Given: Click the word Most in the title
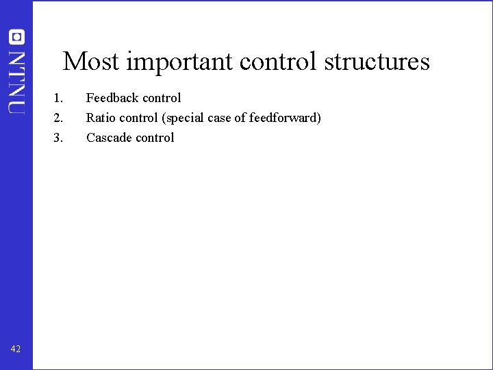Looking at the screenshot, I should pos(92,62).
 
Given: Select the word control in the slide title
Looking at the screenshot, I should pos(279,62).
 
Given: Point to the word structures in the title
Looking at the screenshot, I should pos(377,62).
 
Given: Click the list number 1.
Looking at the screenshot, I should pos(58,98).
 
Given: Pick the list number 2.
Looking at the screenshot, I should pos(58,118).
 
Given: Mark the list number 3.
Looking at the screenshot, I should pos(58,138).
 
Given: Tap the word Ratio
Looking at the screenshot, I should pos(99,118).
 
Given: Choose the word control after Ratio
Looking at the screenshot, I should pos(138,118).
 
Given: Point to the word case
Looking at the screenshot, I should pos(220,118).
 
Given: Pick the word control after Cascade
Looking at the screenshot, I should pos(155,138).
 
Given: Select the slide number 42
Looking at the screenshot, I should pos(16,349).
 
